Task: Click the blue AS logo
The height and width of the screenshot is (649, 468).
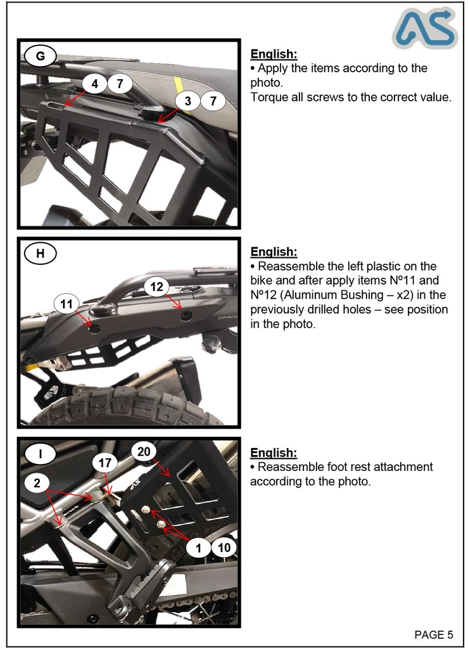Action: pos(424,29)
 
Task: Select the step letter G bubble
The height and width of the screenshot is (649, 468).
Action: pos(40,56)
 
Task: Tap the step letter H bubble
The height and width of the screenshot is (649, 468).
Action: pos(40,254)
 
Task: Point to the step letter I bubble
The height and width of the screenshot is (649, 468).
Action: pos(40,453)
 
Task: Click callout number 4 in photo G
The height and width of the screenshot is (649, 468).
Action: pos(94,84)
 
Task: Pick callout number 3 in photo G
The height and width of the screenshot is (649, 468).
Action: pos(187,101)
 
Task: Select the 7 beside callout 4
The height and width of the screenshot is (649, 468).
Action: pos(120,84)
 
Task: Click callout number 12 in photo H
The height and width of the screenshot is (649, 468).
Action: pos(157,286)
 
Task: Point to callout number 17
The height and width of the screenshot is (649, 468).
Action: pos(104,463)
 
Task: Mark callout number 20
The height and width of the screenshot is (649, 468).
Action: pos(144,451)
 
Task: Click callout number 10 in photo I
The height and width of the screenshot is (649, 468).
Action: pos(224,548)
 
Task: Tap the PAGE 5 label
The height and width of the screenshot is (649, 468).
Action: pos(434,634)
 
